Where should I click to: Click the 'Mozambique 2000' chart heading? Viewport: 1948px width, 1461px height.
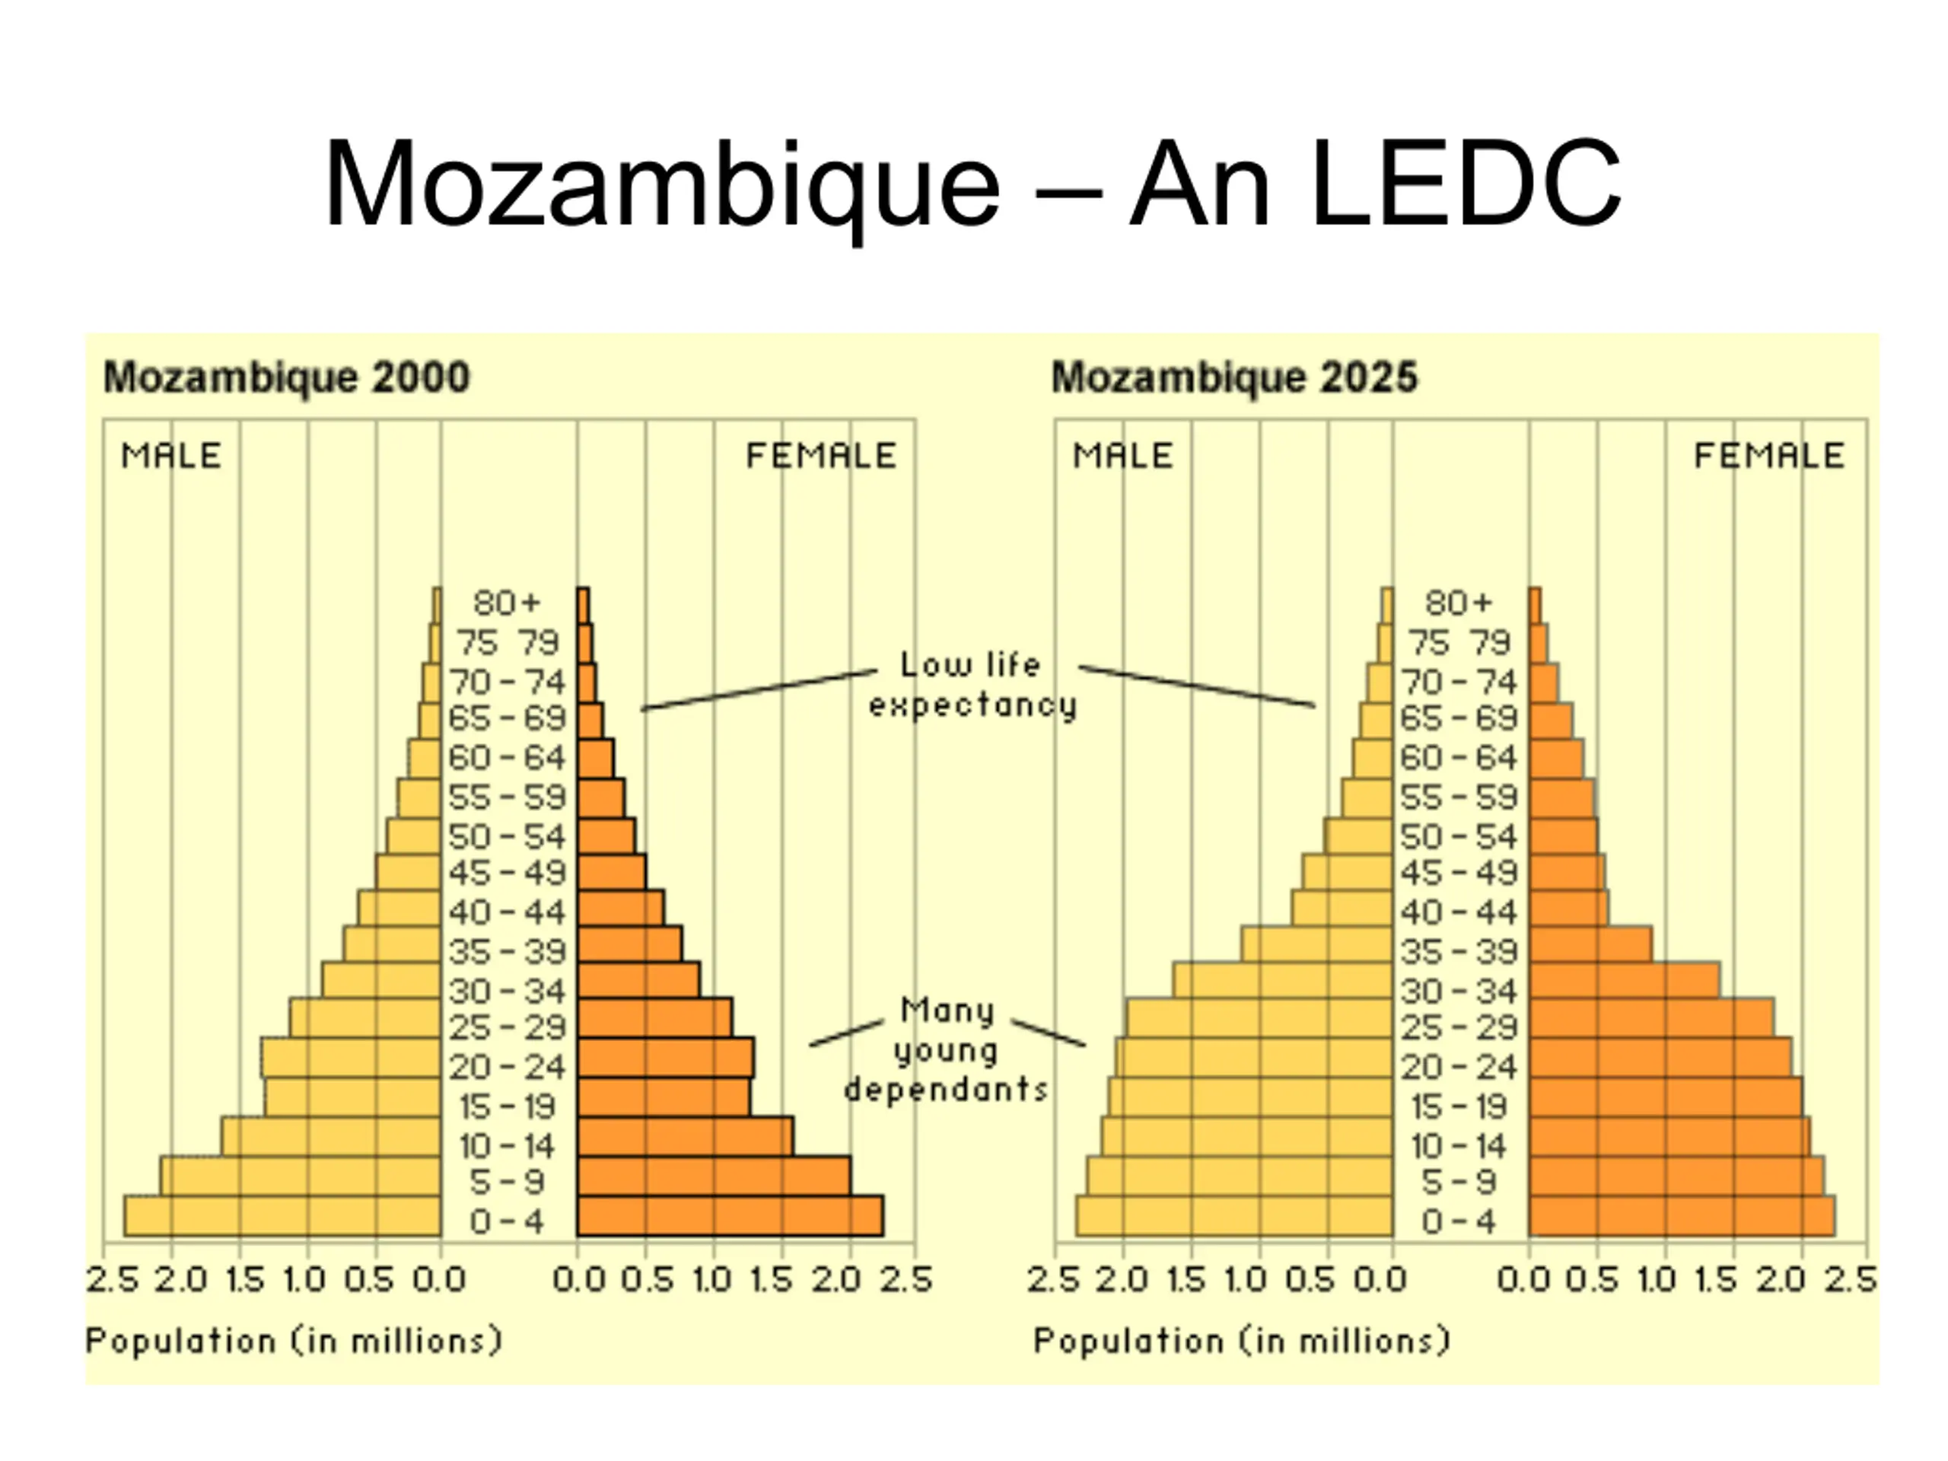pos(287,377)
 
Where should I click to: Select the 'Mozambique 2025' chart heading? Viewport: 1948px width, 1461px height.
pos(1235,377)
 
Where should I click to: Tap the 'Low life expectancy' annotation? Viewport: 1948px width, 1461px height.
pos(972,684)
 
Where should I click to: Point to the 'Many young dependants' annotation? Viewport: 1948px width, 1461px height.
pos(947,1049)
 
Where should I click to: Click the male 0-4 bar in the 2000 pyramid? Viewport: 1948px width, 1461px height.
pos(283,1216)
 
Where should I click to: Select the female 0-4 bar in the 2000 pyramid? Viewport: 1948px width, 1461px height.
pos(730,1216)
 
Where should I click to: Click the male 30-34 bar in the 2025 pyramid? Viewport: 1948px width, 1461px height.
pos(1283,980)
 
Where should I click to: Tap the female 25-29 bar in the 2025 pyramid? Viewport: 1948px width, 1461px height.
pos(1651,1018)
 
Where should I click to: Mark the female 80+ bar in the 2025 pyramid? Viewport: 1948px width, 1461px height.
pos(1535,606)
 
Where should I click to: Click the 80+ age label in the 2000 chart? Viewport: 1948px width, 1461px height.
pos(506,603)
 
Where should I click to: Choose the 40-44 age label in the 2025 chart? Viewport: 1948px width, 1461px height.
pos(1459,912)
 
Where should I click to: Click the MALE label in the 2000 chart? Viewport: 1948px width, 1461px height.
pos(171,455)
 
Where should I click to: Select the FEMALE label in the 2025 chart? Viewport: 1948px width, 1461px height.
pos(1769,455)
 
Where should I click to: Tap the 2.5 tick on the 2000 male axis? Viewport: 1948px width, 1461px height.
pos(113,1278)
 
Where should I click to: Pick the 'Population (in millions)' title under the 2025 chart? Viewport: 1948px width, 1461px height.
pos(1242,1342)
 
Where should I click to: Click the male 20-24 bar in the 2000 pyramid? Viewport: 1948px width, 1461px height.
pos(352,1058)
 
